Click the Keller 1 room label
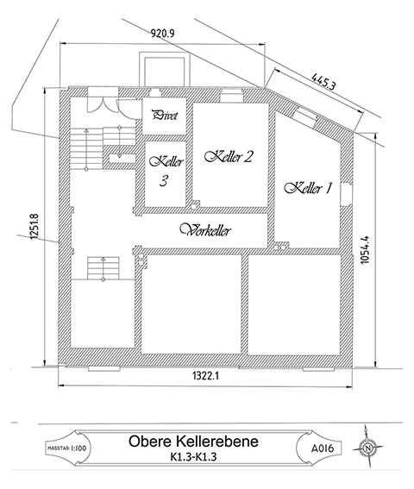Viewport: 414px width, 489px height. (308, 189)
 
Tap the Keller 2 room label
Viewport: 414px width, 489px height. (229, 156)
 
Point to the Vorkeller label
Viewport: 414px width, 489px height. (210, 229)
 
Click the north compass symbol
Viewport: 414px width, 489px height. (370, 446)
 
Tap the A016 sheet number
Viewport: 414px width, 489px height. (321, 447)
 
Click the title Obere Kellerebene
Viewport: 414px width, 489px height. (191, 442)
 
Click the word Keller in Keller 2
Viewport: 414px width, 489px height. (219, 156)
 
